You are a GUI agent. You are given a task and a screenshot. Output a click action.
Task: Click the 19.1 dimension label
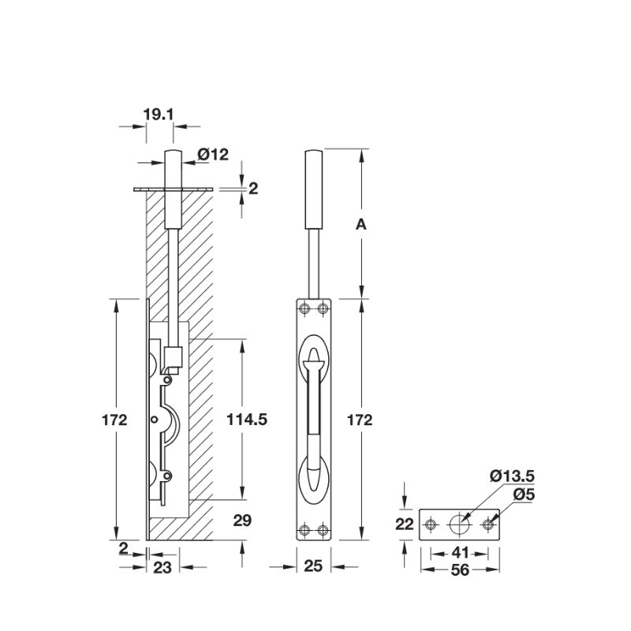(158, 115)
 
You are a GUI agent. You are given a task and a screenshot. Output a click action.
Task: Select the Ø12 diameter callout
(212, 155)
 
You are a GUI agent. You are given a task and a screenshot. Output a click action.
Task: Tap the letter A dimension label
(360, 225)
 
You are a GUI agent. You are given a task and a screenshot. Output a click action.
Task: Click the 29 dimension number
(243, 519)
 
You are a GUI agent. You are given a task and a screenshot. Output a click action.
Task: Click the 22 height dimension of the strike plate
(404, 524)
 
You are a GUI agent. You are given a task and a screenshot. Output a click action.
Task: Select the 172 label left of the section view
(115, 420)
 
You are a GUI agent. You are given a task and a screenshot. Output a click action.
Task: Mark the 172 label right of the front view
(360, 420)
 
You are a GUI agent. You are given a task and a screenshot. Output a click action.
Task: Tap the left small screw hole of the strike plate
(431, 524)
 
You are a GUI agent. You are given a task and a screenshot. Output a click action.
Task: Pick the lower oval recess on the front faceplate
(315, 478)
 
